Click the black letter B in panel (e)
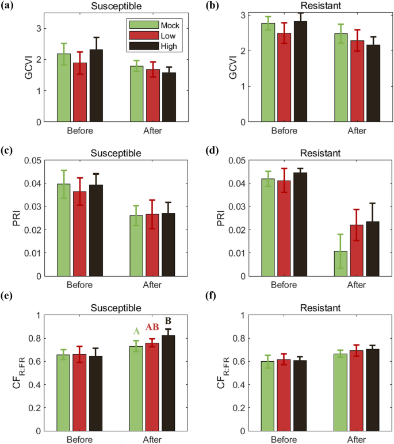point(169,320)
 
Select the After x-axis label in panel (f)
point(357,439)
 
